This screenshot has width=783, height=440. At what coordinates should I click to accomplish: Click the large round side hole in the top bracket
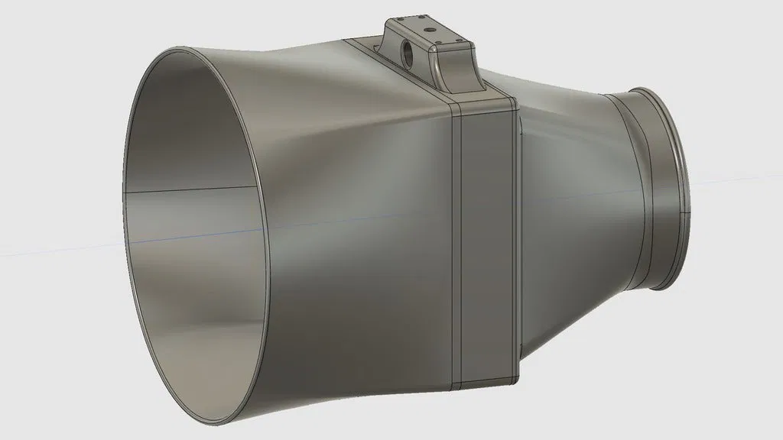tap(405, 53)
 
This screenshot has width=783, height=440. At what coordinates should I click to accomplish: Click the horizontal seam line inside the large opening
tap(191, 188)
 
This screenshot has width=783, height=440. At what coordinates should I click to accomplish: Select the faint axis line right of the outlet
tap(734, 181)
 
